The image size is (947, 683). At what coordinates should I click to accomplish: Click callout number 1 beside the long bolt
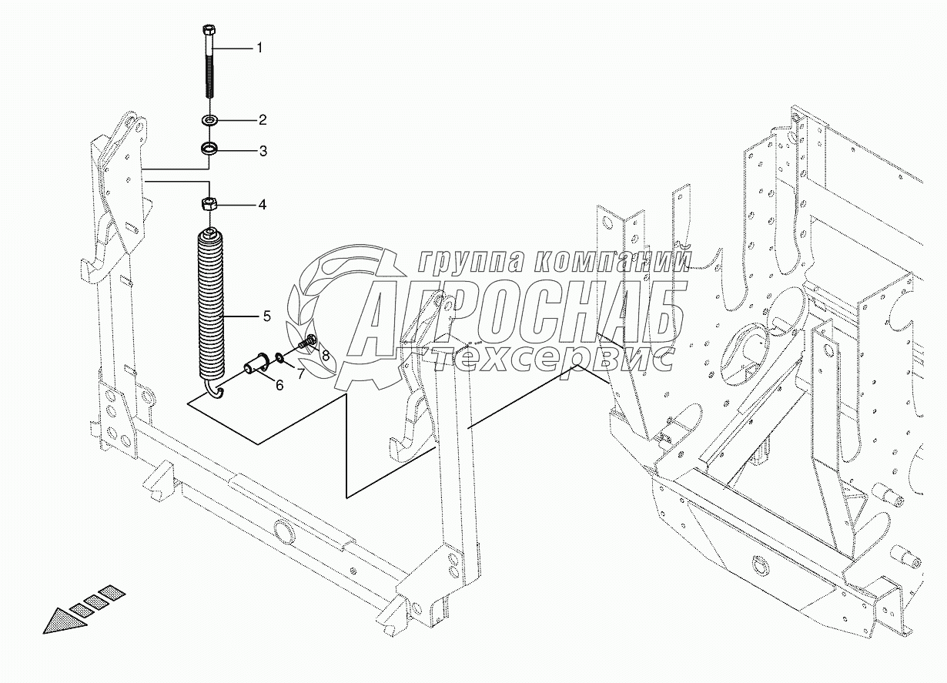tap(259, 48)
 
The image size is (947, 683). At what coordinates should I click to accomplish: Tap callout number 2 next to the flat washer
tap(263, 120)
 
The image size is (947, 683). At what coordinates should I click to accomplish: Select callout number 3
tap(263, 151)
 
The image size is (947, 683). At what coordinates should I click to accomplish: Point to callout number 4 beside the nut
tap(262, 205)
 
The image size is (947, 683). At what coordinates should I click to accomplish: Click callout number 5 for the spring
tap(266, 316)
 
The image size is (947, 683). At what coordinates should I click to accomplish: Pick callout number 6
tap(279, 385)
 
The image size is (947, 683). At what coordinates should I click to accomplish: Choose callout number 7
tap(300, 374)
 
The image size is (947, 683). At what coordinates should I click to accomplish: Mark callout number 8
tap(325, 356)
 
